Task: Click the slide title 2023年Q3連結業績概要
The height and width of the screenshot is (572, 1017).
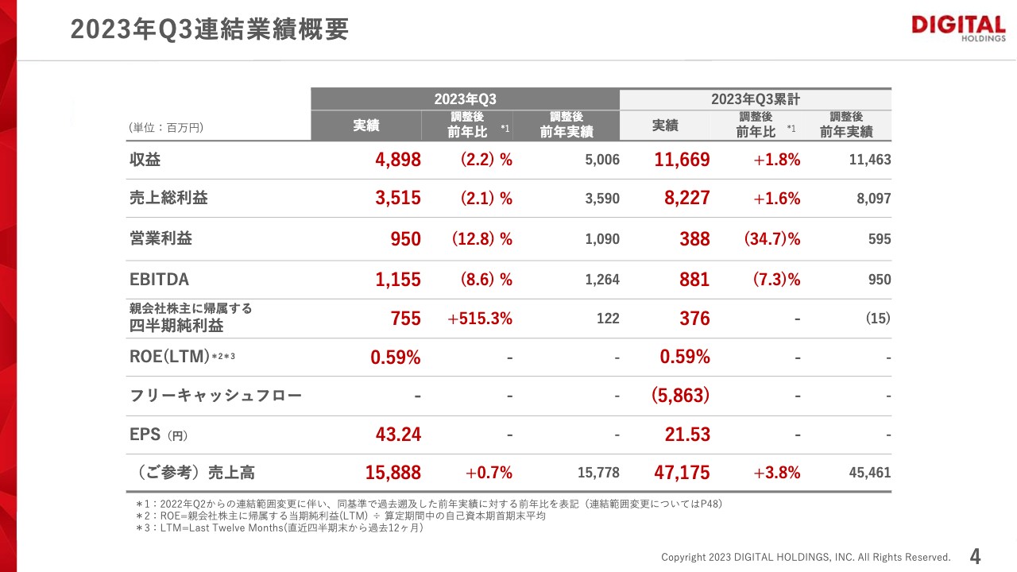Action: click(210, 29)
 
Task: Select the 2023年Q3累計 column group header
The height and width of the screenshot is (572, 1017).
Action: click(755, 99)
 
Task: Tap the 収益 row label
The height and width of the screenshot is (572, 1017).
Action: click(145, 159)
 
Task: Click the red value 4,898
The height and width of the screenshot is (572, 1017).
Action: click(398, 159)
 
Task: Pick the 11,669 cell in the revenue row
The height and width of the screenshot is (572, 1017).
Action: click(682, 159)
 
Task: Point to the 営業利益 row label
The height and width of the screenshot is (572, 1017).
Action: click(160, 238)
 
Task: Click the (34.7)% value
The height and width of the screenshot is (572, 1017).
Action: click(771, 239)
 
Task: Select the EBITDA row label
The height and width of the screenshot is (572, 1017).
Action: click(159, 280)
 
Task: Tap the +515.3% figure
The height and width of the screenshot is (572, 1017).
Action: click(480, 319)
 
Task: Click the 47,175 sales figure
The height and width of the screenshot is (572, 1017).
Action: click(682, 473)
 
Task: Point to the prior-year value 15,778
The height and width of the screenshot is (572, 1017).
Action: click(597, 473)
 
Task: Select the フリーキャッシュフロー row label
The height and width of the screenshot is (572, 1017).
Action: click(215, 395)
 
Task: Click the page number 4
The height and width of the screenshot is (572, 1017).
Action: click(976, 555)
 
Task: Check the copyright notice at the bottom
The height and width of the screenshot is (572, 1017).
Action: click(806, 557)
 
